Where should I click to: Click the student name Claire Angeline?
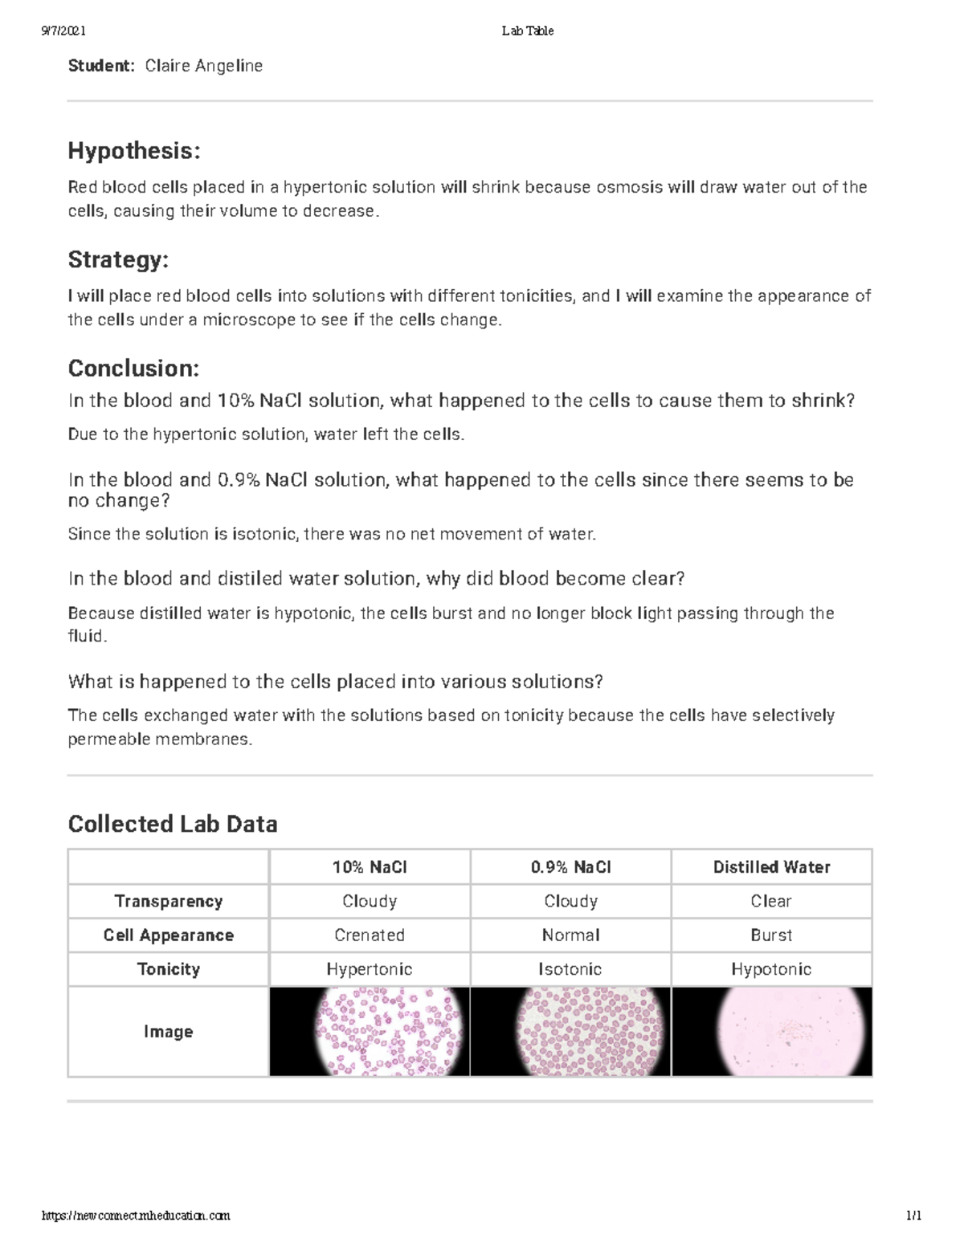click(203, 66)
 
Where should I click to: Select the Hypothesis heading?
click(134, 150)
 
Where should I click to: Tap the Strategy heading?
click(118, 259)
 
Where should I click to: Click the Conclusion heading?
click(133, 369)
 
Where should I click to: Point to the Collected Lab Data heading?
click(173, 824)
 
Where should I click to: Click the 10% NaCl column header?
click(370, 867)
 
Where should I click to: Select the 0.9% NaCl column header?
click(570, 867)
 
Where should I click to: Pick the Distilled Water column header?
click(771, 867)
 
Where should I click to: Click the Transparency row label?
click(169, 901)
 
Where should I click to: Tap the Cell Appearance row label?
click(169, 935)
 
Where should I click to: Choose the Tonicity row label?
click(169, 969)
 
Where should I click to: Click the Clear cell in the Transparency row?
click(771, 901)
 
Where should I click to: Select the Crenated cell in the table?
click(370, 935)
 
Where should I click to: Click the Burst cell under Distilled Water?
click(771, 935)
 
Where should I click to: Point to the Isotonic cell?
click(570, 969)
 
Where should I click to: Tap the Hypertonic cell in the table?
click(370, 969)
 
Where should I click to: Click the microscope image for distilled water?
click(771, 1032)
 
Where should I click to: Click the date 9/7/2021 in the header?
click(63, 31)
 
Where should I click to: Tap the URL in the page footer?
click(136, 1216)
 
